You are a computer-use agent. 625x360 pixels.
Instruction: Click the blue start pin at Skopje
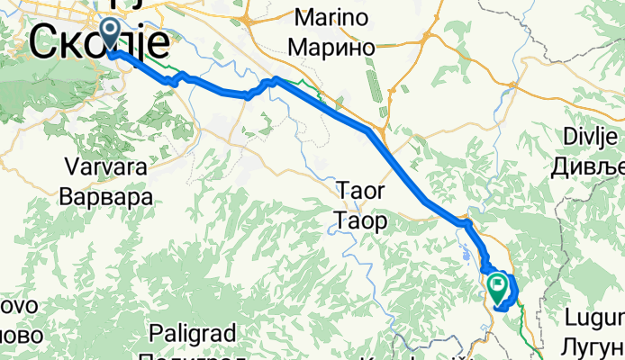pyautogui.click(x=110, y=34)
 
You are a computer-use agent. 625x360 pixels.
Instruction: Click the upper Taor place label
pyautogui.click(x=360, y=191)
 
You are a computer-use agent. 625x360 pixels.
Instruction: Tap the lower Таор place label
pyautogui.click(x=360, y=219)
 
